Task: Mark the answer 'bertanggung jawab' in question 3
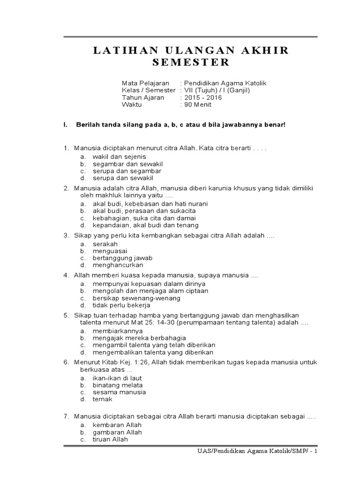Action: [122, 258]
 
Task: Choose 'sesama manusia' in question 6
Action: [119, 392]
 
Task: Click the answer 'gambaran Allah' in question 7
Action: [117, 432]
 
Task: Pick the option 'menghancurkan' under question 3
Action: [118, 265]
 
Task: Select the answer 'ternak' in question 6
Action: [103, 399]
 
